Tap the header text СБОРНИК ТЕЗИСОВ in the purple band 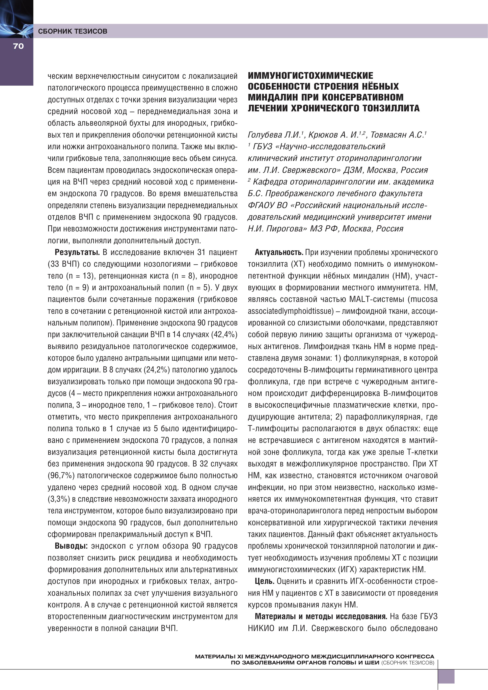pyautogui.click(x=73, y=31)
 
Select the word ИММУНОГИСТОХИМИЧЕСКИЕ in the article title pyautogui.click(x=310, y=76)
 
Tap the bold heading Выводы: pyautogui.click(x=71, y=546)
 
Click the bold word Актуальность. pyautogui.click(x=279, y=252)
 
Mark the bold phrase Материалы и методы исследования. pyautogui.click(x=321, y=616)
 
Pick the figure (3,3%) pyautogui.click(x=59, y=499)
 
